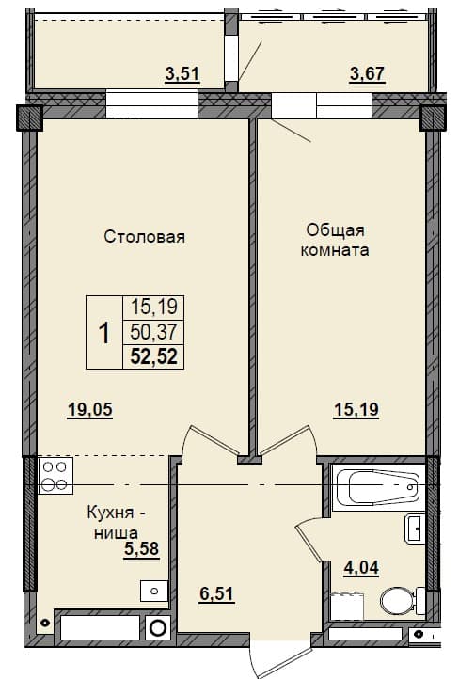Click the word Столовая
[x=145, y=237]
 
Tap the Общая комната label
[x=335, y=240]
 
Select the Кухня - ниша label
[x=117, y=522]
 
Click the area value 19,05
[x=90, y=409]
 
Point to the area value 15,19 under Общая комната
[x=356, y=409]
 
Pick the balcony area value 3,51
[x=182, y=73]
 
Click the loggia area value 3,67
[x=367, y=73]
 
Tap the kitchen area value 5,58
[x=142, y=548]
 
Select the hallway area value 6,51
[x=217, y=593]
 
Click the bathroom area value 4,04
[x=361, y=567]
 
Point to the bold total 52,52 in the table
[x=154, y=357]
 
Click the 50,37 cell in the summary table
[x=154, y=332]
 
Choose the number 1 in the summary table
[x=104, y=333]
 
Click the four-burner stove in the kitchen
[x=55, y=476]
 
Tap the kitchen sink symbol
[x=154, y=591]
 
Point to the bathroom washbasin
[x=415, y=528]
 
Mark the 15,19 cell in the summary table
[x=154, y=308]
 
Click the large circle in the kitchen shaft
[x=158, y=628]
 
